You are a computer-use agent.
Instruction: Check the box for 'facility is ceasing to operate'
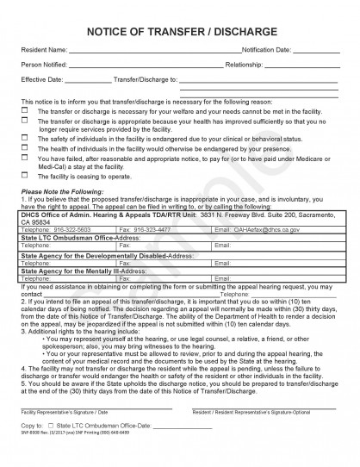click(26, 175)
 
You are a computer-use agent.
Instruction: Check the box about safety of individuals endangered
click(26, 137)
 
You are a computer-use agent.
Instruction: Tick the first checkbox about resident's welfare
click(26, 111)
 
